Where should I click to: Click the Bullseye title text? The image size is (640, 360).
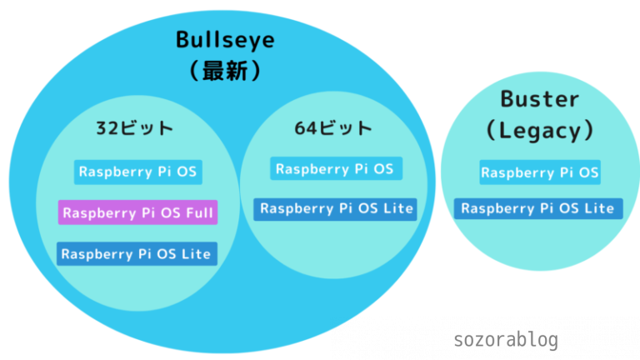pyautogui.click(x=224, y=39)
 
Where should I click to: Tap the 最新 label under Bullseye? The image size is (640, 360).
pyautogui.click(x=224, y=72)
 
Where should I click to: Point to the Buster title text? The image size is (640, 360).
pyautogui.click(x=539, y=99)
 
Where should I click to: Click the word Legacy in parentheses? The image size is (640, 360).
pyautogui.click(x=539, y=131)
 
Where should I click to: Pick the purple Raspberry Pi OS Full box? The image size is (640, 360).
pyautogui.click(x=137, y=212)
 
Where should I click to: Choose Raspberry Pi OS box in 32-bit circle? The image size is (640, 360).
pyautogui.click(x=137, y=172)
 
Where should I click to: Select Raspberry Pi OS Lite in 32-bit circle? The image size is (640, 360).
pyautogui.click(x=137, y=253)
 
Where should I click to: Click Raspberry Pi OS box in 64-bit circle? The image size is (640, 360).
pyautogui.click(x=336, y=168)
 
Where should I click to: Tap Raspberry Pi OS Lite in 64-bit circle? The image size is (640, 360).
pyautogui.click(x=336, y=208)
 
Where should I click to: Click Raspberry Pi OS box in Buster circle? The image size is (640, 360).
pyautogui.click(x=539, y=173)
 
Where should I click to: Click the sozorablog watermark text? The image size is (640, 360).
pyautogui.click(x=506, y=340)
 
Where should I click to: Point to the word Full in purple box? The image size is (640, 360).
pyautogui.click(x=198, y=213)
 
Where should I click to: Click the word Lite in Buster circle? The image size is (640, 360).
pyautogui.click(x=597, y=208)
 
